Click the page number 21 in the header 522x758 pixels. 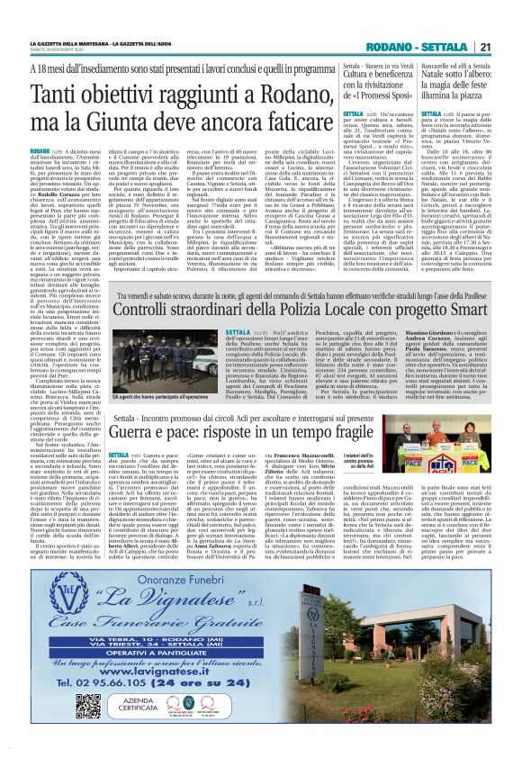(x=485, y=48)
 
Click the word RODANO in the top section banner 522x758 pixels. (x=396, y=48)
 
